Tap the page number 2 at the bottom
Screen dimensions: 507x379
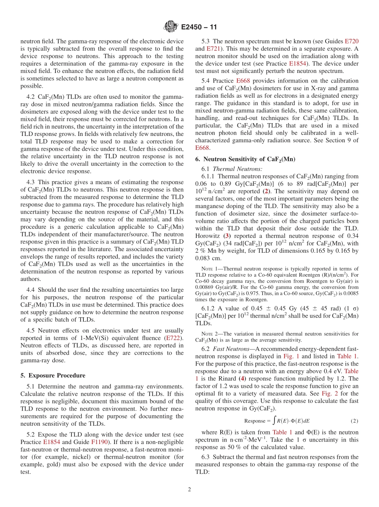click(x=189, y=489)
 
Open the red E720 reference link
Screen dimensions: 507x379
click(x=351, y=41)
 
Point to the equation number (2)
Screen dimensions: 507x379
click(x=354, y=421)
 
